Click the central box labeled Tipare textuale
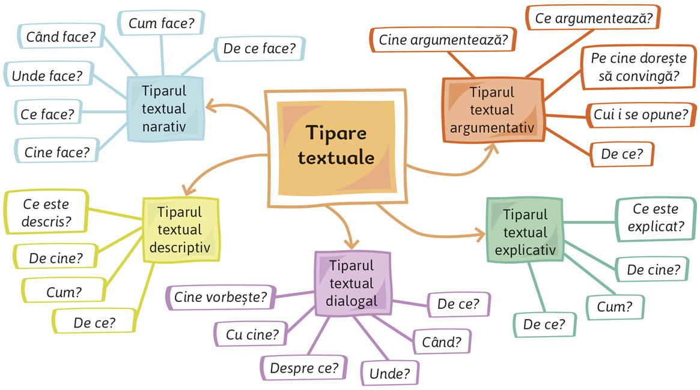pyautogui.click(x=336, y=148)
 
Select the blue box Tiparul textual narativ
pyautogui.click(x=165, y=109)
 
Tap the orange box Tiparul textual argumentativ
pyautogui.click(x=493, y=110)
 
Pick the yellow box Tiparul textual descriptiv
pyautogui.click(x=180, y=229)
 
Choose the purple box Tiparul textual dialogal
pyautogui.click(x=352, y=283)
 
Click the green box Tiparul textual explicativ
pyautogui.click(x=525, y=230)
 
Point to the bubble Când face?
pyautogui.click(x=61, y=37)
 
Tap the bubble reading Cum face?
pyautogui.click(x=161, y=23)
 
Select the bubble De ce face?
pyautogui.click(x=260, y=48)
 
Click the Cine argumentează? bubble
pyautogui.click(x=443, y=40)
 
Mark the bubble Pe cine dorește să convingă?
pyautogui.click(x=639, y=67)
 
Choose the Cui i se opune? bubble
pyautogui.click(x=641, y=115)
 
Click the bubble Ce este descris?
pyautogui.click(x=46, y=212)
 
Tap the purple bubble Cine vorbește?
pyautogui.click(x=221, y=297)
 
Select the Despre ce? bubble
pyautogui.click(x=304, y=368)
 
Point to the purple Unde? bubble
pyautogui.click(x=389, y=373)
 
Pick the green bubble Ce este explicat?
pyautogui.click(x=656, y=218)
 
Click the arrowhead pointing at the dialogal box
pyautogui.click(x=352, y=244)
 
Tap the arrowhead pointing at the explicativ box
pyautogui.click(x=480, y=235)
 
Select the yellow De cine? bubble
pyautogui.click(x=56, y=257)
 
